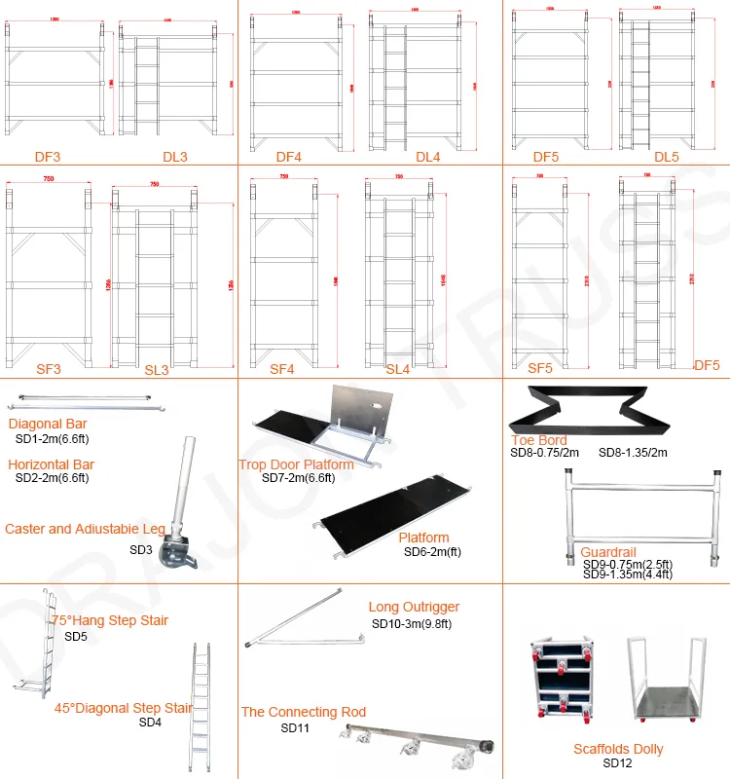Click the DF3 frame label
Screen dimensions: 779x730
pos(48,157)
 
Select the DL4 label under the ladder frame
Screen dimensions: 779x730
pos(428,157)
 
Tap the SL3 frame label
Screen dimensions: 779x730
pos(157,370)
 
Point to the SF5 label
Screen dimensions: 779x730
pos(540,369)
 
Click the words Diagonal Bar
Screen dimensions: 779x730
pos(48,424)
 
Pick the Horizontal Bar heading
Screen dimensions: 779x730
pos(51,464)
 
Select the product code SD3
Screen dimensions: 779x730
pos(141,550)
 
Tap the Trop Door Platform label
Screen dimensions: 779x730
pos(297,464)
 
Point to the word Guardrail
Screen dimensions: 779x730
pos(608,551)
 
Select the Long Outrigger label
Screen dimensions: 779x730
pos(414,607)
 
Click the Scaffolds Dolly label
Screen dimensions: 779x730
pos(618,749)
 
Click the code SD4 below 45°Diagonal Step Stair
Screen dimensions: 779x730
pos(150,722)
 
